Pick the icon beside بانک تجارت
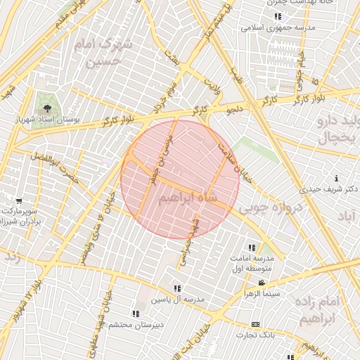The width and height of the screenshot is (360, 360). (x=255, y=324)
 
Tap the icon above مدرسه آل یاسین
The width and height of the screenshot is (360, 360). (x=177, y=288)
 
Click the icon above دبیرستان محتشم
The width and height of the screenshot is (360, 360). (x=135, y=314)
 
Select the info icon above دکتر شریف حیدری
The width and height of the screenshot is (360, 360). (x=336, y=179)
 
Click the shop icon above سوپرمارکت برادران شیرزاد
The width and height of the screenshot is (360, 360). (x=18, y=200)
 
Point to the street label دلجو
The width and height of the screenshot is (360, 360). (x=233, y=110)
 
